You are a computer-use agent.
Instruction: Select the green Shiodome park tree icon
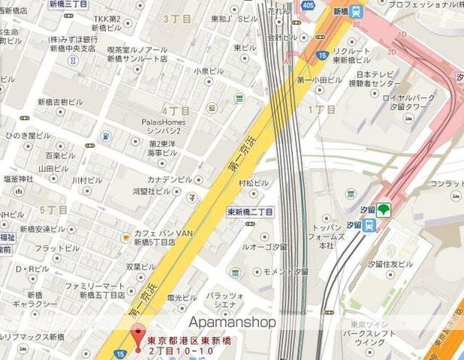(x=384, y=210)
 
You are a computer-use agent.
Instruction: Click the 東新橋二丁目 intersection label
(x=251, y=212)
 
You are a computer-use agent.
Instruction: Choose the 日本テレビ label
(x=375, y=74)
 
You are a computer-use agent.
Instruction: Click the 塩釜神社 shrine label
(x=19, y=179)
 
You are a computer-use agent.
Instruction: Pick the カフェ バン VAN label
(x=163, y=233)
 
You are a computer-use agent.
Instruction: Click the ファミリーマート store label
(x=95, y=286)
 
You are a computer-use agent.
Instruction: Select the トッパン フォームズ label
(x=326, y=235)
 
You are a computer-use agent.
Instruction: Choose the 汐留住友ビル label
(x=390, y=264)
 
